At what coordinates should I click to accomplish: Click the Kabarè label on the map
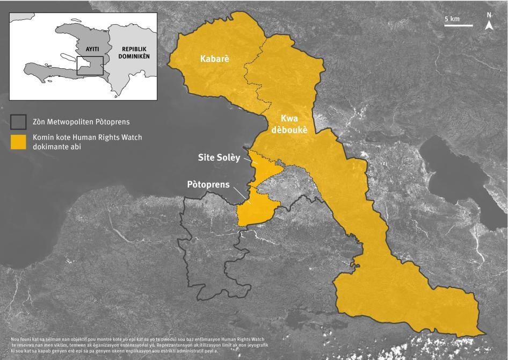pos(214,59)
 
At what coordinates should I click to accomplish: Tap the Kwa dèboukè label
pos(292,124)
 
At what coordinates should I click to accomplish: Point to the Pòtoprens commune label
pos(208,184)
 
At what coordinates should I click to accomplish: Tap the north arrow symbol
pos(489,26)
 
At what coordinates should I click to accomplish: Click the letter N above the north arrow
pos(489,15)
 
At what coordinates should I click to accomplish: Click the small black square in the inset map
pos(89,66)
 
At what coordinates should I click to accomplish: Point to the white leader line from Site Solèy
pos(250,160)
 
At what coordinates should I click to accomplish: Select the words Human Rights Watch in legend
pos(112,138)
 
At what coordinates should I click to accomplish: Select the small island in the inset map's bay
pos(67,56)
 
